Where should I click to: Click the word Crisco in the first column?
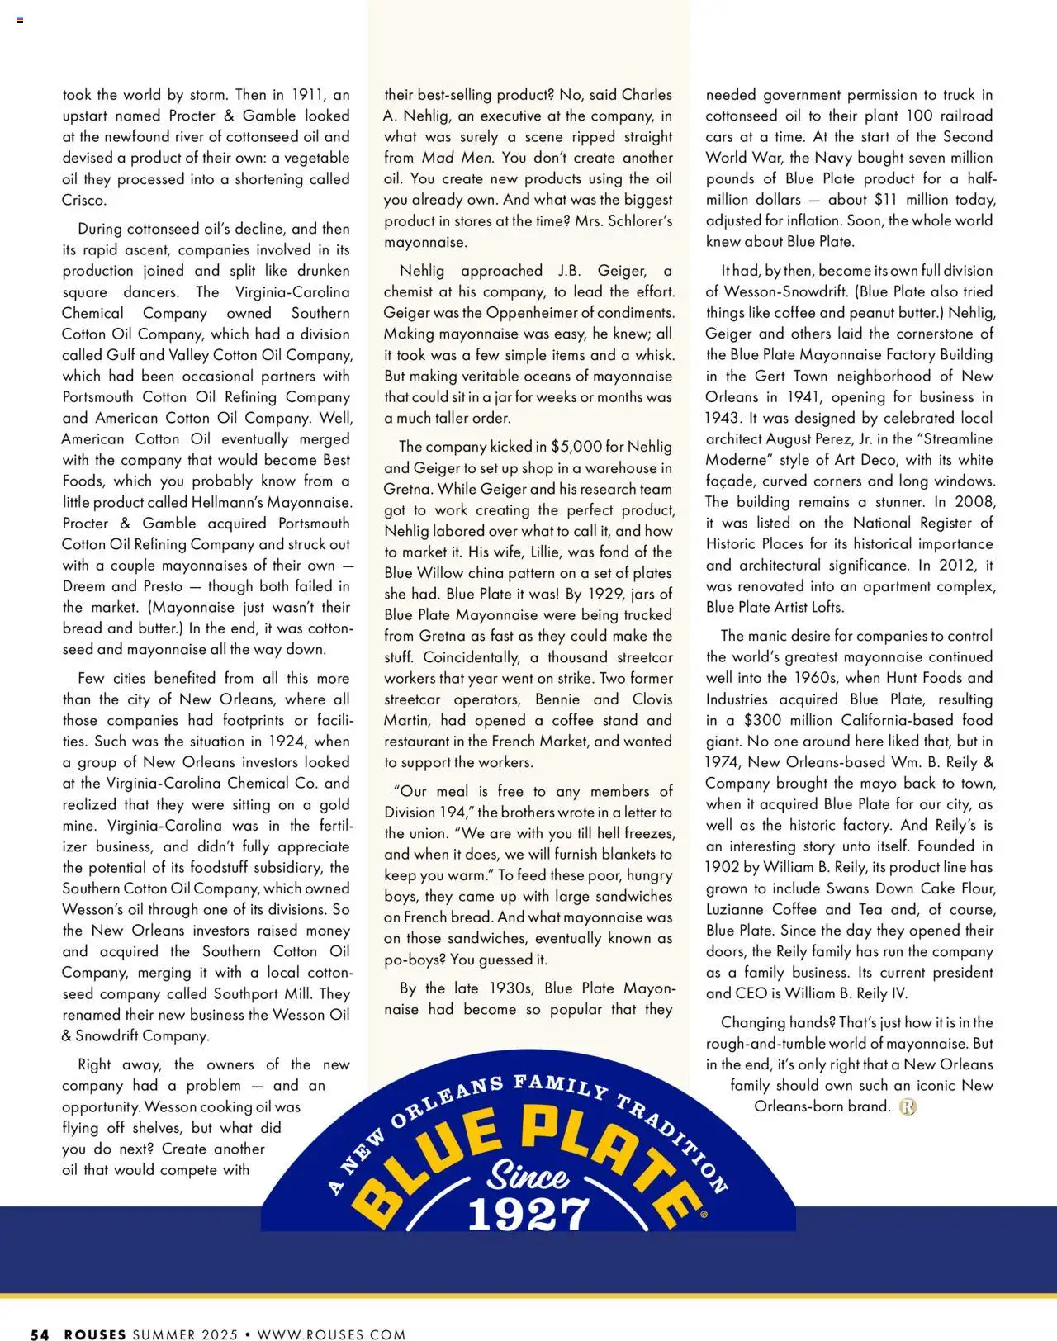pos(83,200)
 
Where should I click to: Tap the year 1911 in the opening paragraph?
pos(304,95)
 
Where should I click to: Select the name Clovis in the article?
pos(652,699)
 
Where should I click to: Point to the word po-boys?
pos(415,960)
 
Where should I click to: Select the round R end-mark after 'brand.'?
pos(908,1106)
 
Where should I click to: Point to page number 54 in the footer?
pos(40,1334)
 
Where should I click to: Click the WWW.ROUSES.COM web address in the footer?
pos(331,1334)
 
